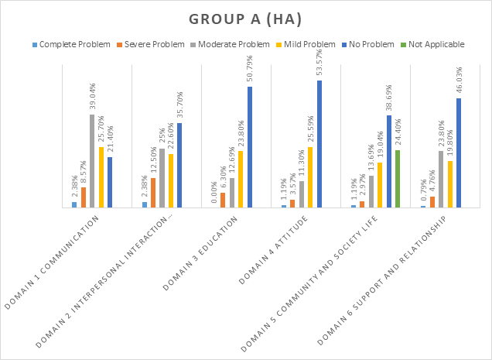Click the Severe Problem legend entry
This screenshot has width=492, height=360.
coord(152,44)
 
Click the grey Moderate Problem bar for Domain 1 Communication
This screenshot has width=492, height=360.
coord(92,161)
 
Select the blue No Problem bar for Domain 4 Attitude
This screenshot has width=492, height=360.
coord(319,144)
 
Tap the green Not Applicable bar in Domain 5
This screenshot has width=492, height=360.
coord(398,179)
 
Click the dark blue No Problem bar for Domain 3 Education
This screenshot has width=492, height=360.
coord(249,147)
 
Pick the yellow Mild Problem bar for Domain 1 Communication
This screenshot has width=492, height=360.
coord(101,177)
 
